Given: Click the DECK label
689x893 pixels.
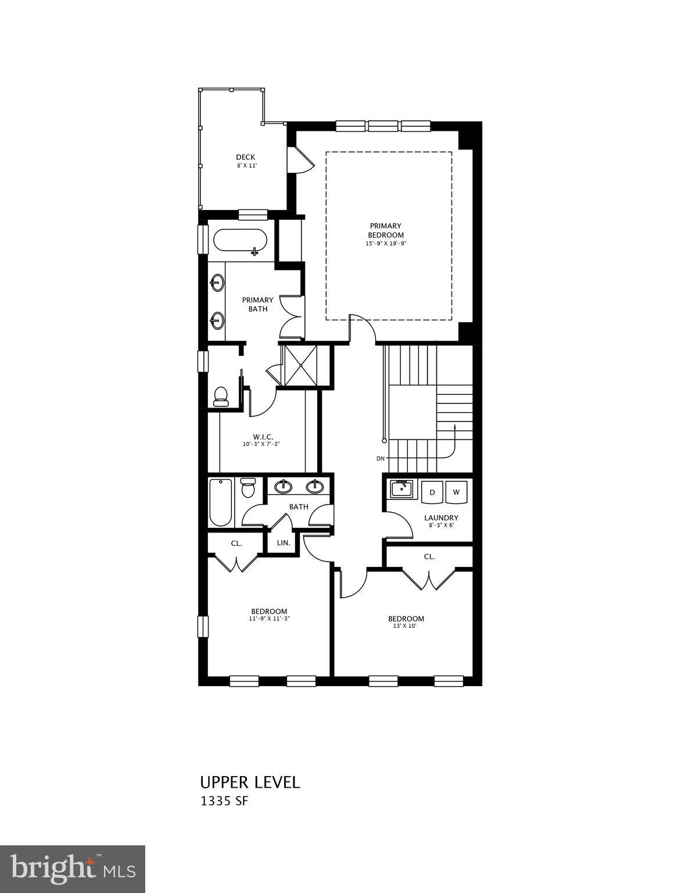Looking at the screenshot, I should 245,157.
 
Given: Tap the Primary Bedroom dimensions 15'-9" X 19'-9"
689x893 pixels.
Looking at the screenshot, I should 385,244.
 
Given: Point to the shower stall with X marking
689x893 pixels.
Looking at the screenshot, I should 299,365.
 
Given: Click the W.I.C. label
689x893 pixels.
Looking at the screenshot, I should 263,437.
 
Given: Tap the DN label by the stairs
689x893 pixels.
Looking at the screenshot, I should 381,459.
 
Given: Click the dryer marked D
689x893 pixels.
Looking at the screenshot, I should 432,492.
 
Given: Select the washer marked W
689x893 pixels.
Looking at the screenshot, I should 457,492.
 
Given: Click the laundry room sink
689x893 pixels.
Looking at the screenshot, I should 401,489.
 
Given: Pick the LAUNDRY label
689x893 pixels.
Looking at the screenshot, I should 441,517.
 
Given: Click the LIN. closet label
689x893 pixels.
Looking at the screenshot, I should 284,542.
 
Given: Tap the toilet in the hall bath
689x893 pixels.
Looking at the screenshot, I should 248,488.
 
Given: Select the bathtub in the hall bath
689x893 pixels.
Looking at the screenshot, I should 221,502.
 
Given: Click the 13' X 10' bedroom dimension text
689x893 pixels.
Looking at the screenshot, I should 405,627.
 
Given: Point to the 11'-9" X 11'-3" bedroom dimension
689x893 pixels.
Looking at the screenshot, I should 269,619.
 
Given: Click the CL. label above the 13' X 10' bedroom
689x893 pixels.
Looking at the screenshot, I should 429,556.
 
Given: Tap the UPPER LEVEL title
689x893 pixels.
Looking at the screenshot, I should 250,782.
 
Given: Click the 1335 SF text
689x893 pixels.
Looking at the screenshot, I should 224,801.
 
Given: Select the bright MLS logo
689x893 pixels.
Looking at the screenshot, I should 73,869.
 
